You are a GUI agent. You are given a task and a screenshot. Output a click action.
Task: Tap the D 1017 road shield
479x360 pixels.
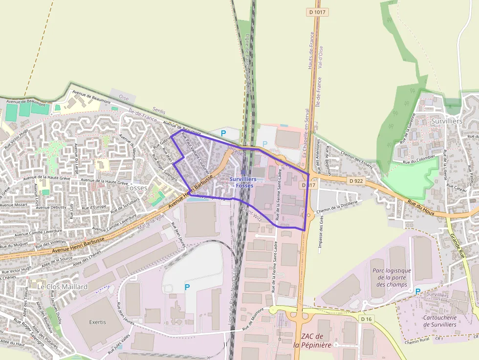pyautogui.click(x=317, y=11)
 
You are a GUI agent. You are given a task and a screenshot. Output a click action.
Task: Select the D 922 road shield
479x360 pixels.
pyautogui.click(x=356, y=181)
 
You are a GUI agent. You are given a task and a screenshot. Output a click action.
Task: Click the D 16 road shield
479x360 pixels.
pyautogui.click(x=366, y=318)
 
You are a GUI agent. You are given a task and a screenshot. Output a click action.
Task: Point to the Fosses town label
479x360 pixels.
pyautogui.click(x=136, y=188)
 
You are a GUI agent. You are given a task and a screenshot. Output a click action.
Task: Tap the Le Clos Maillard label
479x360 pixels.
pyautogui.click(x=63, y=287)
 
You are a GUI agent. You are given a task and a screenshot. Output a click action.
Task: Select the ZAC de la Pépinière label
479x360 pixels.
pyautogui.click(x=312, y=340)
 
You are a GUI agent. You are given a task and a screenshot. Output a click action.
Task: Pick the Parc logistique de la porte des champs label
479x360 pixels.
pyautogui.click(x=392, y=277)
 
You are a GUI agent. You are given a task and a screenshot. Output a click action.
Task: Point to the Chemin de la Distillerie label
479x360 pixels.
pyautogui.click(x=337, y=206)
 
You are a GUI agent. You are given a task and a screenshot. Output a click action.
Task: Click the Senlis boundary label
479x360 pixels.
pyautogui.click(x=159, y=111)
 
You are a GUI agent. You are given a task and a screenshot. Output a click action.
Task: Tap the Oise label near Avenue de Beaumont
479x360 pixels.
pyautogui.click(x=124, y=98)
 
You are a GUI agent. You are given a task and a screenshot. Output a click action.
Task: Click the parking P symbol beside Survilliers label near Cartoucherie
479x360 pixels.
pyautogui.click(x=417, y=291)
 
